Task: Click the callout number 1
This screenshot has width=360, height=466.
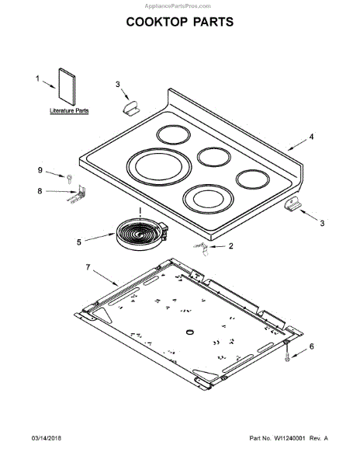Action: click(x=37, y=78)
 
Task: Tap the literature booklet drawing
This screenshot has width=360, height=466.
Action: click(x=67, y=86)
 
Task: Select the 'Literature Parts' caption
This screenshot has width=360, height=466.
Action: click(x=69, y=111)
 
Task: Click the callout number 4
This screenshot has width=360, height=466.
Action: click(x=311, y=137)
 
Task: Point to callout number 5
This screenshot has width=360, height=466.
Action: click(x=78, y=242)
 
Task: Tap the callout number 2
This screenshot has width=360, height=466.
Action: click(x=230, y=246)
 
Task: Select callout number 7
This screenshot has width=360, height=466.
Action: click(x=88, y=267)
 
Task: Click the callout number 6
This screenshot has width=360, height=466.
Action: click(x=311, y=346)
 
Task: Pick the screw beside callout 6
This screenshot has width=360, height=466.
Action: click(x=287, y=353)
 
